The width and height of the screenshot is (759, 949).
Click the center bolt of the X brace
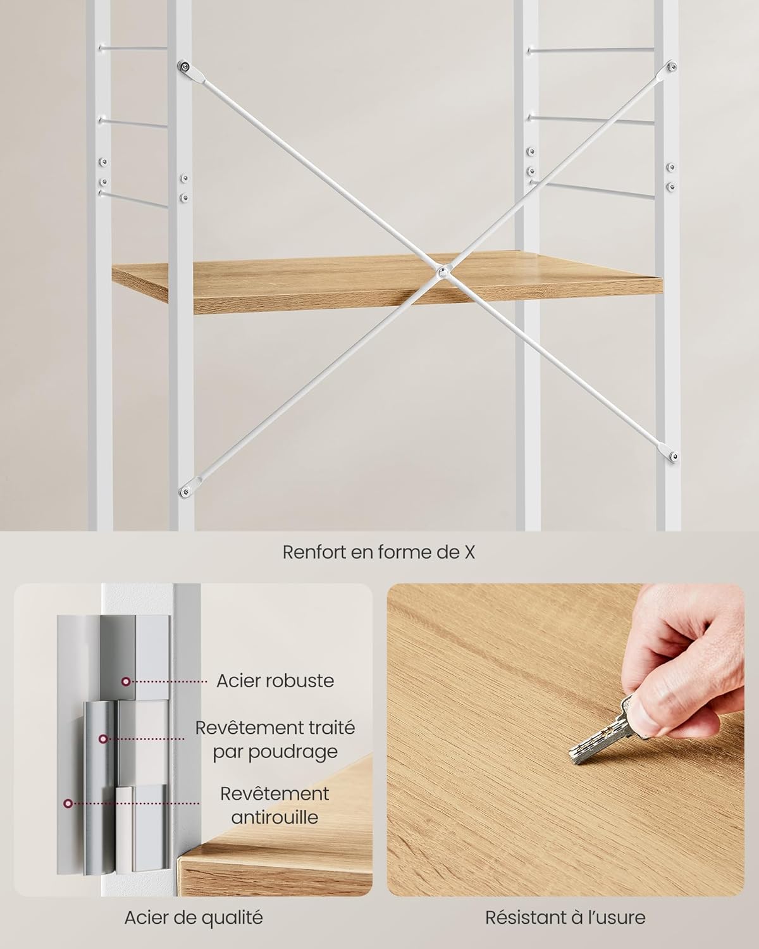442,272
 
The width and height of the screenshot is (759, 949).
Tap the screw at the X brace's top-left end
184,67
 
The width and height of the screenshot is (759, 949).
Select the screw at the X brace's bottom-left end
185,491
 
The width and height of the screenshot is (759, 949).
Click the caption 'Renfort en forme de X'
379,552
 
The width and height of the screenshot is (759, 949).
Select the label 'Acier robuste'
275,681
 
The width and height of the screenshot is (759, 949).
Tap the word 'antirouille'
275,817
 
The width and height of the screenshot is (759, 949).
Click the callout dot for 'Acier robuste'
126,681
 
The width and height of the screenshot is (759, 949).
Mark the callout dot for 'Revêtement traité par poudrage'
103,739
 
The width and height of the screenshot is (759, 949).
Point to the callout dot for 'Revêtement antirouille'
68,803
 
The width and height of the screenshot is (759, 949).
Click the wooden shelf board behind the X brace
387,282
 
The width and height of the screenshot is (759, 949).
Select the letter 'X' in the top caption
470,552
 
